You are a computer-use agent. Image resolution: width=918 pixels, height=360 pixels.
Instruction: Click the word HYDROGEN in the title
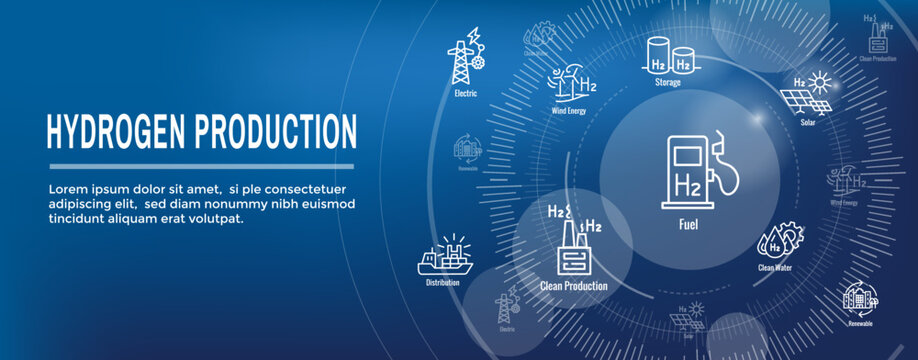point(118,131)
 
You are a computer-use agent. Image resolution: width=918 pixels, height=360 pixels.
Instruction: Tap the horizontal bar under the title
point(201,166)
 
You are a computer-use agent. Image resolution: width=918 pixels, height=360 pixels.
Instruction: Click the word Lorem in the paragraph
point(66,188)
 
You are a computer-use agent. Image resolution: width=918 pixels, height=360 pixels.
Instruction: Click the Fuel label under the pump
point(688,224)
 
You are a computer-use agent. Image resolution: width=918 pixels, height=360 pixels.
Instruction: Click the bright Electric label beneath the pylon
point(465,93)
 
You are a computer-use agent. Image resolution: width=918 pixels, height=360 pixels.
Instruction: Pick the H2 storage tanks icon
point(669,56)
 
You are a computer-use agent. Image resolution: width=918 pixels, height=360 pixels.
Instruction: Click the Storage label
point(668,83)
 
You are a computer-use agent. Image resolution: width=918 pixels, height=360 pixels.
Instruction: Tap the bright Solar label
point(807,123)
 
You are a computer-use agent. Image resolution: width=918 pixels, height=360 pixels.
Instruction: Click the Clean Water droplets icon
point(776,238)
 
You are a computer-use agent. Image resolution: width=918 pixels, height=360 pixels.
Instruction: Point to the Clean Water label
point(777,268)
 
